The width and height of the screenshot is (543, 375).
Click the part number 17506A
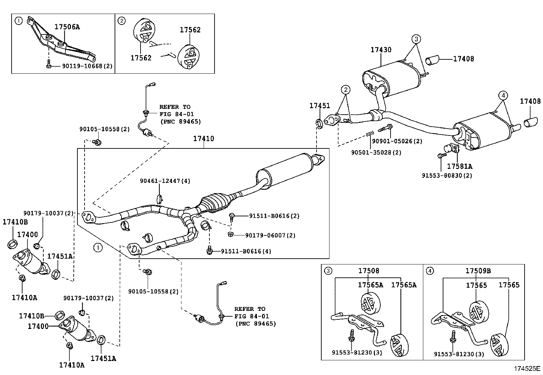pyautogui.click(x=67, y=27)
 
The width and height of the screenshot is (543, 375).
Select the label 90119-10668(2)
pyautogui.click(x=87, y=66)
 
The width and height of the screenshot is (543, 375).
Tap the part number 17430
pyautogui.click(x=381, y=50)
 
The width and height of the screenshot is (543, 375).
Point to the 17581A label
pyautogui.click(x=460, y=167)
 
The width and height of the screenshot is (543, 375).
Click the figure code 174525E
pyautogui.click(x=527, y=369)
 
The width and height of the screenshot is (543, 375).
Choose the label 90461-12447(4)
pyautogui.click(x=165, y=181)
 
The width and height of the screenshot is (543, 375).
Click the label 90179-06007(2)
pyautogui.click(x=270, y=235)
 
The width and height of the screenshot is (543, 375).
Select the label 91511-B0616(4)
pyautogui.click(x=246, y=251)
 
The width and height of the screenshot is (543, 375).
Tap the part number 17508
pyautogui.click(x=369, y=271)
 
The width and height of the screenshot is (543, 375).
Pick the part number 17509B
pyautogui.click(x=478, y=271)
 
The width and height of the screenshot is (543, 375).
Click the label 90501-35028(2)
pyautogui.click(x=376, y=153)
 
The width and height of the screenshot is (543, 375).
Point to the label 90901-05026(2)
pyautogui.click(x=397, y=141)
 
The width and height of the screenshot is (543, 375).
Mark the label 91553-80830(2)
pyautogui.click(x=447, y=176)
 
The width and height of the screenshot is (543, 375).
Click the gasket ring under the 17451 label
pyautogui.click(x=319, y=124)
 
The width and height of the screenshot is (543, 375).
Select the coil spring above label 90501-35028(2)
pyautogui.click(x=370, y=133)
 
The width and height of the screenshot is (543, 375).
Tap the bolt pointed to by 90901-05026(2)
pyautogui.click(x=385, y=128)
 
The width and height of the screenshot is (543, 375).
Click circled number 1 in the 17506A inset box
pyautogui.click(x=19, y=21)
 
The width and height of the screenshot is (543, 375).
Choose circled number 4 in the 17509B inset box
pyautogui.click(x=430, y=271)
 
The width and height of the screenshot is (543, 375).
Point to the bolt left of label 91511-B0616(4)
pyautogui.click(x=210, y=251)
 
